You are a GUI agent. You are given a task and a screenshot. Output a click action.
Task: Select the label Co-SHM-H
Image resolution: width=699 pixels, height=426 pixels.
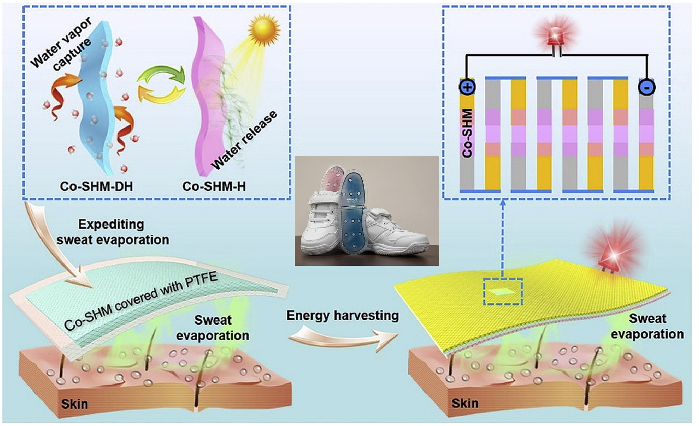214,186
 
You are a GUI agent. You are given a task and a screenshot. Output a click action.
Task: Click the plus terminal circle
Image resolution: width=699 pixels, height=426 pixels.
467,87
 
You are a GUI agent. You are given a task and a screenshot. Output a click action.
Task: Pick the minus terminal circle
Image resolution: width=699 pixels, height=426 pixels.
647,87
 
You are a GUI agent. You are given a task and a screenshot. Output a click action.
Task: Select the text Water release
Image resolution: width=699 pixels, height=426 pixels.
244,140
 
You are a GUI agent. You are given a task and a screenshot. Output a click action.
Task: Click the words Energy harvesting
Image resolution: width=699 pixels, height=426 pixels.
343,315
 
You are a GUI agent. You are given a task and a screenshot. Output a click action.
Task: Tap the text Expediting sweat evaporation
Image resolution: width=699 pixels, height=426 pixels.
113,232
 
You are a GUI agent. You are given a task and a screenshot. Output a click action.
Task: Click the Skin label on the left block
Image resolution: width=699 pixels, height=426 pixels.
75,403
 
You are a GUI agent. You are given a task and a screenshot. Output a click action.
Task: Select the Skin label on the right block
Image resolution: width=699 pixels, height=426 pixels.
465,403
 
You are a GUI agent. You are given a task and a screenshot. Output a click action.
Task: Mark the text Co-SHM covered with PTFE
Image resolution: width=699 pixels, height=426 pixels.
141,302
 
